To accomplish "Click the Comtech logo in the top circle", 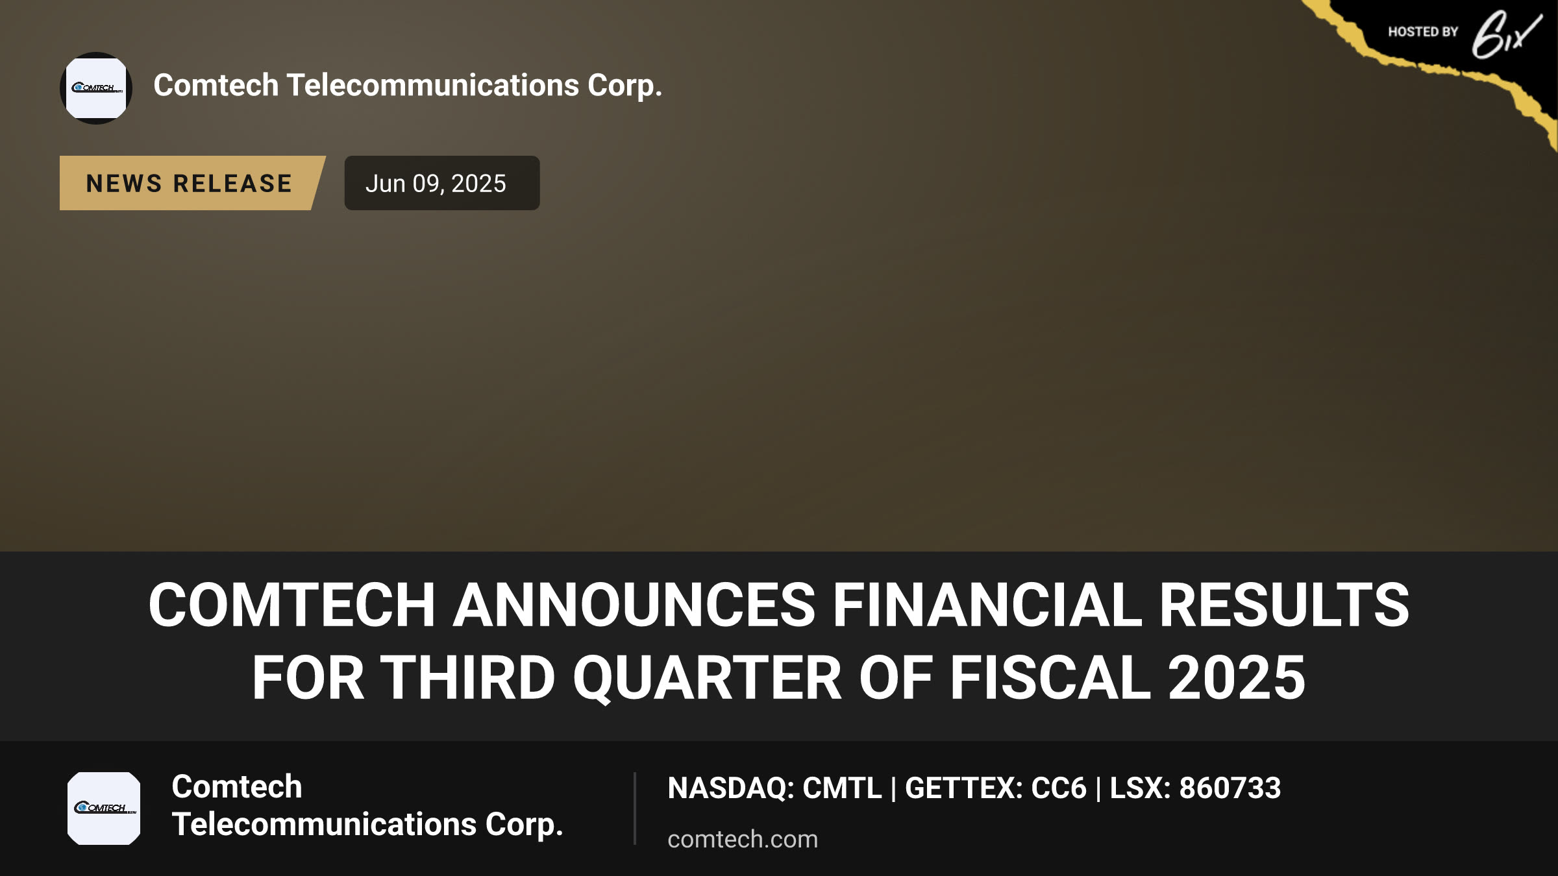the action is point(96,88).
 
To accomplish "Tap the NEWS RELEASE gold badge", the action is point(192,183).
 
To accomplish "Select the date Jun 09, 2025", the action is point(436,184).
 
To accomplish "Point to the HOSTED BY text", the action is point(1423,32).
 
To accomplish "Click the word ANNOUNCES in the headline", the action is point(634,605).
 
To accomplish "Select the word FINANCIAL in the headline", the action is point(987,605).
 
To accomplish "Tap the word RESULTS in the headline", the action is point(1284,605).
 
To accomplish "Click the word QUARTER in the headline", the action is point(707,679).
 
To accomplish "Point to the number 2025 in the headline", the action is point(1236,677).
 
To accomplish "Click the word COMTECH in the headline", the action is point(291,605).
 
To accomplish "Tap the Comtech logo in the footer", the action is point(104,809).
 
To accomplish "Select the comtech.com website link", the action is point(743,839).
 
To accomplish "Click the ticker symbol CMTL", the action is point(842,788).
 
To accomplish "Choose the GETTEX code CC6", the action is point(1059,788).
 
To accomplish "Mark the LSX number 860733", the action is point(1230,788).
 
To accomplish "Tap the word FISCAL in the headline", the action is point(1050,677).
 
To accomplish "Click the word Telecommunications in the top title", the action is point(432,85).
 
